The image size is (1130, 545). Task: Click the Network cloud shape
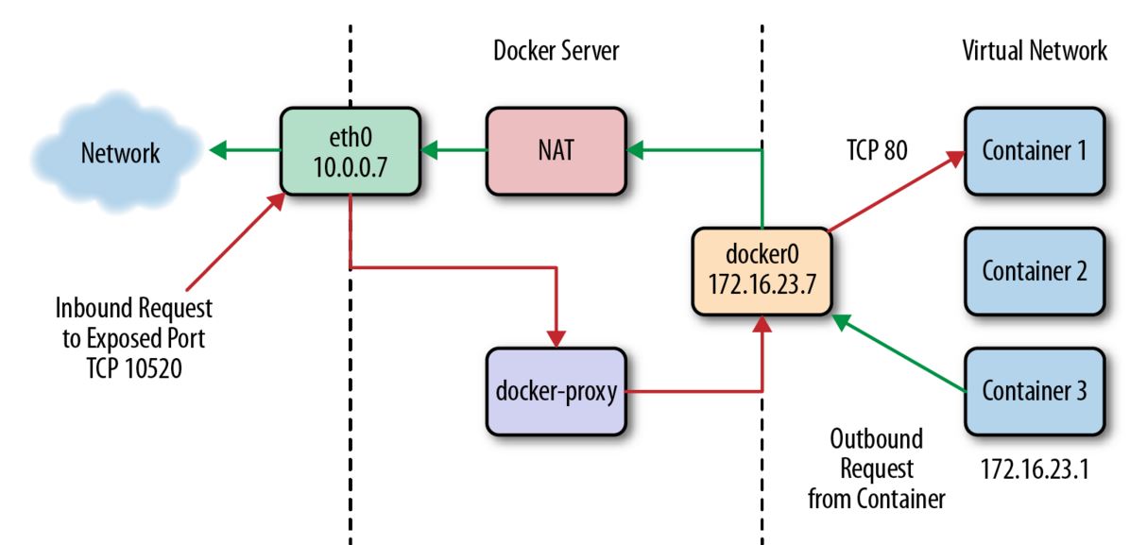click(x=119, y=153)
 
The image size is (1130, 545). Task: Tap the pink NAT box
click(x=556, y=150)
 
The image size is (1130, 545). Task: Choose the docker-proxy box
click(x=556, y=390)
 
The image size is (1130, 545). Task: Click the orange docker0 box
click(x=762, y=271)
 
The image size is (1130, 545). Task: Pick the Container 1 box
click(x=1034, y=150)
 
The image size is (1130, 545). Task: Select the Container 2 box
click(x=1034, y=271)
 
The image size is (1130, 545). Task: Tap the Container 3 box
click(x=1034, y=390)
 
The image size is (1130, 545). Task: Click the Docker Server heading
click(x=556, y=50)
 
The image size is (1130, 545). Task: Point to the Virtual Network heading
click(x=1034, y=50)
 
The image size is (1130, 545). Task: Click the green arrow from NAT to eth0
click(x=454, y=148)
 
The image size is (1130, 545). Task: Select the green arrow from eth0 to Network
click(x=245, y=148)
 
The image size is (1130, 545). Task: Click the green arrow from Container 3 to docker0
click(x=898, y=353)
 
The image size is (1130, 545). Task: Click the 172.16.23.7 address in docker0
click(x=762, y=285)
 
